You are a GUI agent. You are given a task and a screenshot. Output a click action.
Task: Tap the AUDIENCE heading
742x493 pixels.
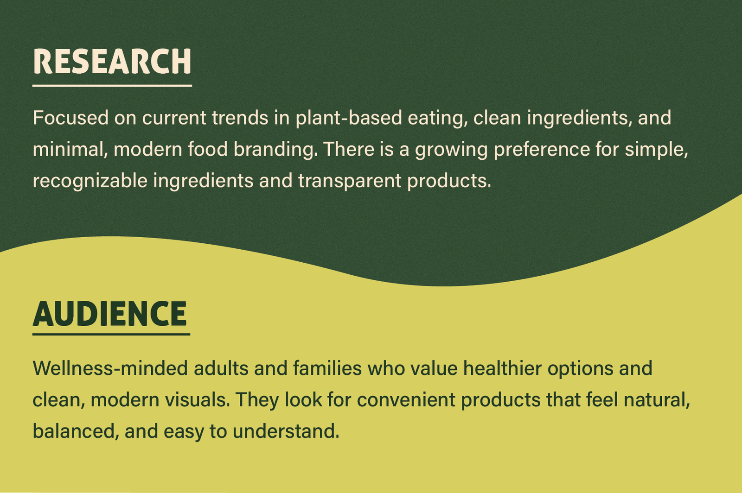click(x=110, y=314)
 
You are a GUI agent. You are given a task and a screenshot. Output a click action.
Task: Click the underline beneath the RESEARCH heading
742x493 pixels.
click(x=112, y=86)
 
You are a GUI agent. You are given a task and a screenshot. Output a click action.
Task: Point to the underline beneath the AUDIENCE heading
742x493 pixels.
click(x=111, y=335)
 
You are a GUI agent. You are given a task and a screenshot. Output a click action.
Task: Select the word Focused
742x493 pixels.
click(x=71, y=118)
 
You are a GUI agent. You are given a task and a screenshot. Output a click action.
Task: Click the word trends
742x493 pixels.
click(x=240, y=118)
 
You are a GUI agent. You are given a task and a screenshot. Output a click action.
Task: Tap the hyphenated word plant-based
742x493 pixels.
click(x=349, y=119)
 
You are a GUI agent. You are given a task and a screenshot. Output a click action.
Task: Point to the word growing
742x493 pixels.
click(x=451, y=150)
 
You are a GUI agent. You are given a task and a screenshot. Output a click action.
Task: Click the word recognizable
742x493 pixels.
click(x=90, y=181)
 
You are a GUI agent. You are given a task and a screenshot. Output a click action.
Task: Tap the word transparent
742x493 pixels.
click(x=350, y=181)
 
